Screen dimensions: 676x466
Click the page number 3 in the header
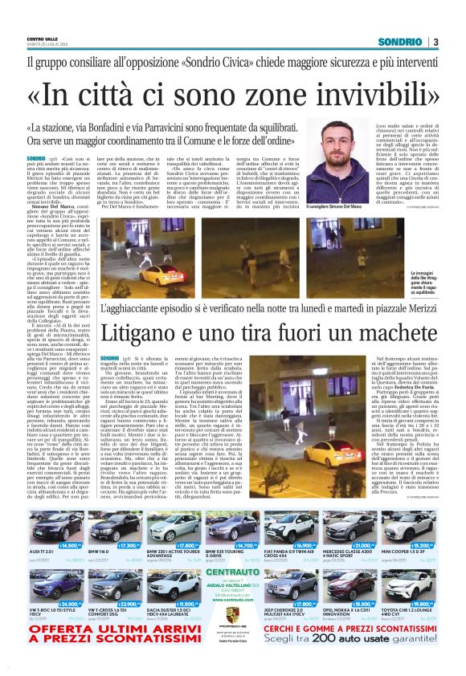[x=435, y=43]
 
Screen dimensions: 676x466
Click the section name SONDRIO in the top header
[x=403, y=43]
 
